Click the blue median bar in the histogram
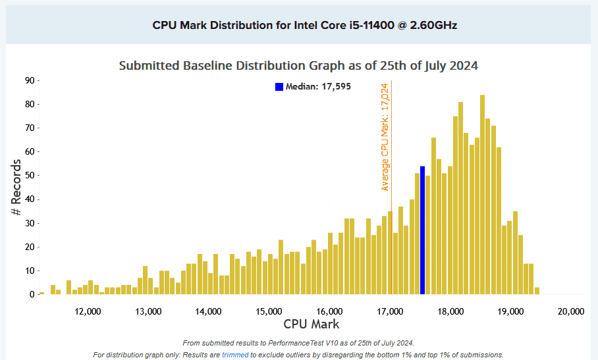[x=422, y=230]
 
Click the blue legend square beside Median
[x=279, y=87]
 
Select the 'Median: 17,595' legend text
[x=318, y=87]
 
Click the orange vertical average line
[x=392, y=250]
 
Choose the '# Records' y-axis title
[x=16, y=188]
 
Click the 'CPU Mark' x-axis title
[x=312, y=324]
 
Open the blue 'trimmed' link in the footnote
[x=235, y=355]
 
